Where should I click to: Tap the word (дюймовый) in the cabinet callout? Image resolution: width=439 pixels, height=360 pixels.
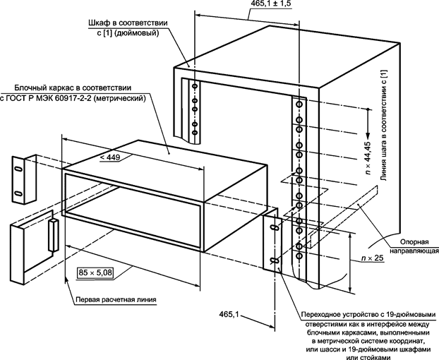[143, 32]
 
